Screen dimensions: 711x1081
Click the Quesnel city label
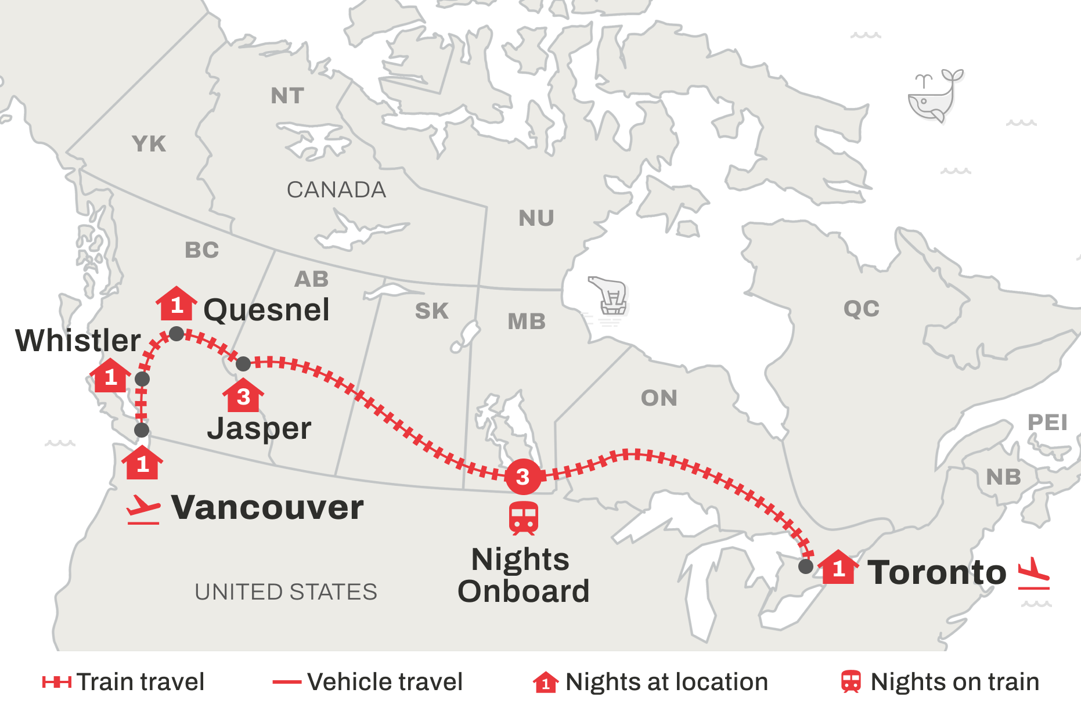[x=266, y=310]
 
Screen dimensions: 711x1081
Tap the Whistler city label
[x=78, y=340]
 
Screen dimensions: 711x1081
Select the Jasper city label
[x=259, y=429]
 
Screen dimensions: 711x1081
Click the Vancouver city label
[x=268, y=508]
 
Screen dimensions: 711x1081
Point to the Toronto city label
[x=936, y=573]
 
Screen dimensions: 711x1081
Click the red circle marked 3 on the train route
[x=523, y=477]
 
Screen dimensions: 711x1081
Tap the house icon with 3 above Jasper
[x=243, y=395]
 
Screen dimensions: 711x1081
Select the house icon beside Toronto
[x=838, y=567]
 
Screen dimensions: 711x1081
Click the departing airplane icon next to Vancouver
[x=143, y=509]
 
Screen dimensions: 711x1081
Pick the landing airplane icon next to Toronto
[x=1034, y=573]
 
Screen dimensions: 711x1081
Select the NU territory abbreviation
[x=536, y=219]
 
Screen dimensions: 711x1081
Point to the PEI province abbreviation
[x=1047, y=423]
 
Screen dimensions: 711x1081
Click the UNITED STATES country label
[x=286, y=592]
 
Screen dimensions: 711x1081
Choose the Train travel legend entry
[x=123, y=682]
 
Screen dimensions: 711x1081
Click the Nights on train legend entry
[x=941, y=682]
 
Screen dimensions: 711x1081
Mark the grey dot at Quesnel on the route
[x=176, y=334]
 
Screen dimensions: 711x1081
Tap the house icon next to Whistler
[x=110, y=376]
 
